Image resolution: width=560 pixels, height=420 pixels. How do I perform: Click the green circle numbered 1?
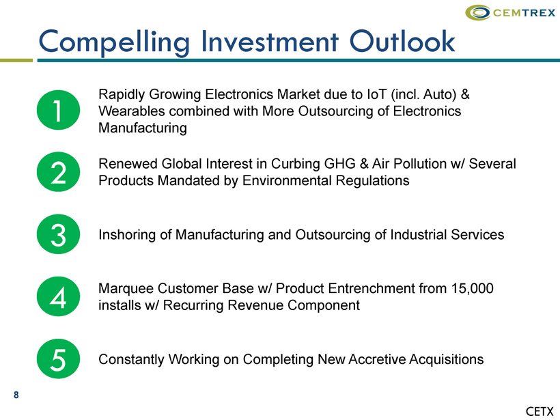click(x=58, y=110)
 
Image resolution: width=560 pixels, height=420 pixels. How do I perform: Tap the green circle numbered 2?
click(x=58, y=172)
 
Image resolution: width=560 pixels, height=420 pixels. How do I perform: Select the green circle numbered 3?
click(x=58, y=234)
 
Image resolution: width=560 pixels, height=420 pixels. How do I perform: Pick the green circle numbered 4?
click(x=58, y=296)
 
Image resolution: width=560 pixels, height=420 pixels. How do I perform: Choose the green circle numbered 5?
click(x=58, y=359)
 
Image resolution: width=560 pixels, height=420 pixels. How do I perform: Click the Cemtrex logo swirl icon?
click(x=477, y=12)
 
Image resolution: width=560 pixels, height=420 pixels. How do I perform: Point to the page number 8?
click(x=16, y=395)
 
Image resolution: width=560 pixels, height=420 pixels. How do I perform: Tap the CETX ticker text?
click(x=540, y=411)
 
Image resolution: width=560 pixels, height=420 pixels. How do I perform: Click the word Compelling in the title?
click(x=114, y=42)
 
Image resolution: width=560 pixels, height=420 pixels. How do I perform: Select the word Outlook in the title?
click(x=402, y=41)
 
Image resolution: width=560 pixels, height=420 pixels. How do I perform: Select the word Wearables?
click(x=131, y=111)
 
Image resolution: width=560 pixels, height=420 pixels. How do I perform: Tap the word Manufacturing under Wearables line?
click(x=143, y=128)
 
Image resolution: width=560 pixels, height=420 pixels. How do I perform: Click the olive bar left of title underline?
click(x=16, y=60)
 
